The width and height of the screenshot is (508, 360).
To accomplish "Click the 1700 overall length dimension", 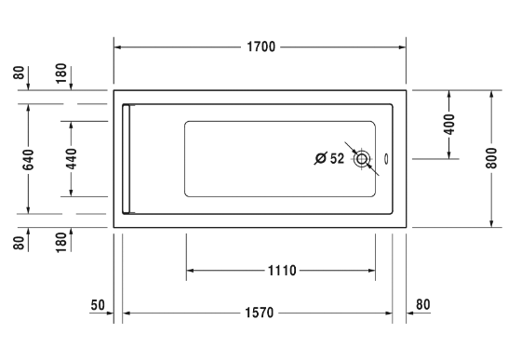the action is point(261,47).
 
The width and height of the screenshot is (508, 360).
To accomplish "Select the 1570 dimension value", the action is point(260,313).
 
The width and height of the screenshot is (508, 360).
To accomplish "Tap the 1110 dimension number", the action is point(282,271).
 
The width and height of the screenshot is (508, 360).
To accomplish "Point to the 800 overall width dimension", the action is point(491,158).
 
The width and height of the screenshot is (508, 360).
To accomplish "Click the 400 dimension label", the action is point(449,124).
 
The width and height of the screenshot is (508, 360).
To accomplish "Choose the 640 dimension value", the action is point(28,160).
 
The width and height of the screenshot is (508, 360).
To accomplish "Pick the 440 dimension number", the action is point(72,159).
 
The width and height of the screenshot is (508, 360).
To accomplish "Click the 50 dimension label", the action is point(98,305).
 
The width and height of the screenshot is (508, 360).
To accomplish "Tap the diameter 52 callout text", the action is point(329,158).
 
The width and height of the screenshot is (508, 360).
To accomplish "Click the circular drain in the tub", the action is point(362,159).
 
